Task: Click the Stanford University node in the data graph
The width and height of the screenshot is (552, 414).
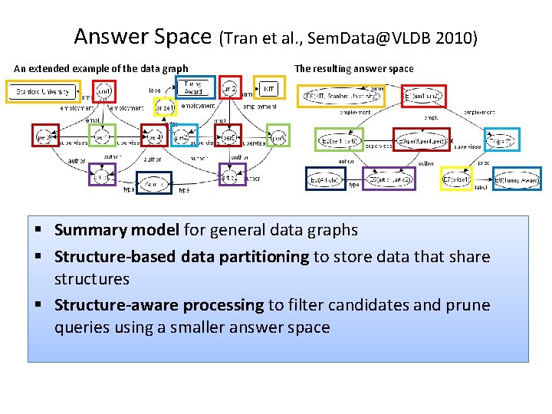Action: coord(44,92)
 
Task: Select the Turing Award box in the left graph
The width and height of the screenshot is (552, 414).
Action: coord(192,89)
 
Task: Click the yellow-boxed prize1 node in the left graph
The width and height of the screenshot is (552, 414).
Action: coord(164,108)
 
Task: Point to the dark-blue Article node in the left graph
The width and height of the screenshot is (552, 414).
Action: coord(153,183)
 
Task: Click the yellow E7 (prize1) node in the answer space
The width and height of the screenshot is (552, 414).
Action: coord(457,180)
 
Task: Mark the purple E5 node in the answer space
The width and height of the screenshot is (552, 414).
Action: coord(389,180)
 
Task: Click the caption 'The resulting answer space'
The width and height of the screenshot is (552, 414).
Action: coord(354,69)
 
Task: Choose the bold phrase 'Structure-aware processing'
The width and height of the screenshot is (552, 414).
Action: coord(159,305)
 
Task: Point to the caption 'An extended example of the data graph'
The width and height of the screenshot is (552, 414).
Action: coord(101,69)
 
